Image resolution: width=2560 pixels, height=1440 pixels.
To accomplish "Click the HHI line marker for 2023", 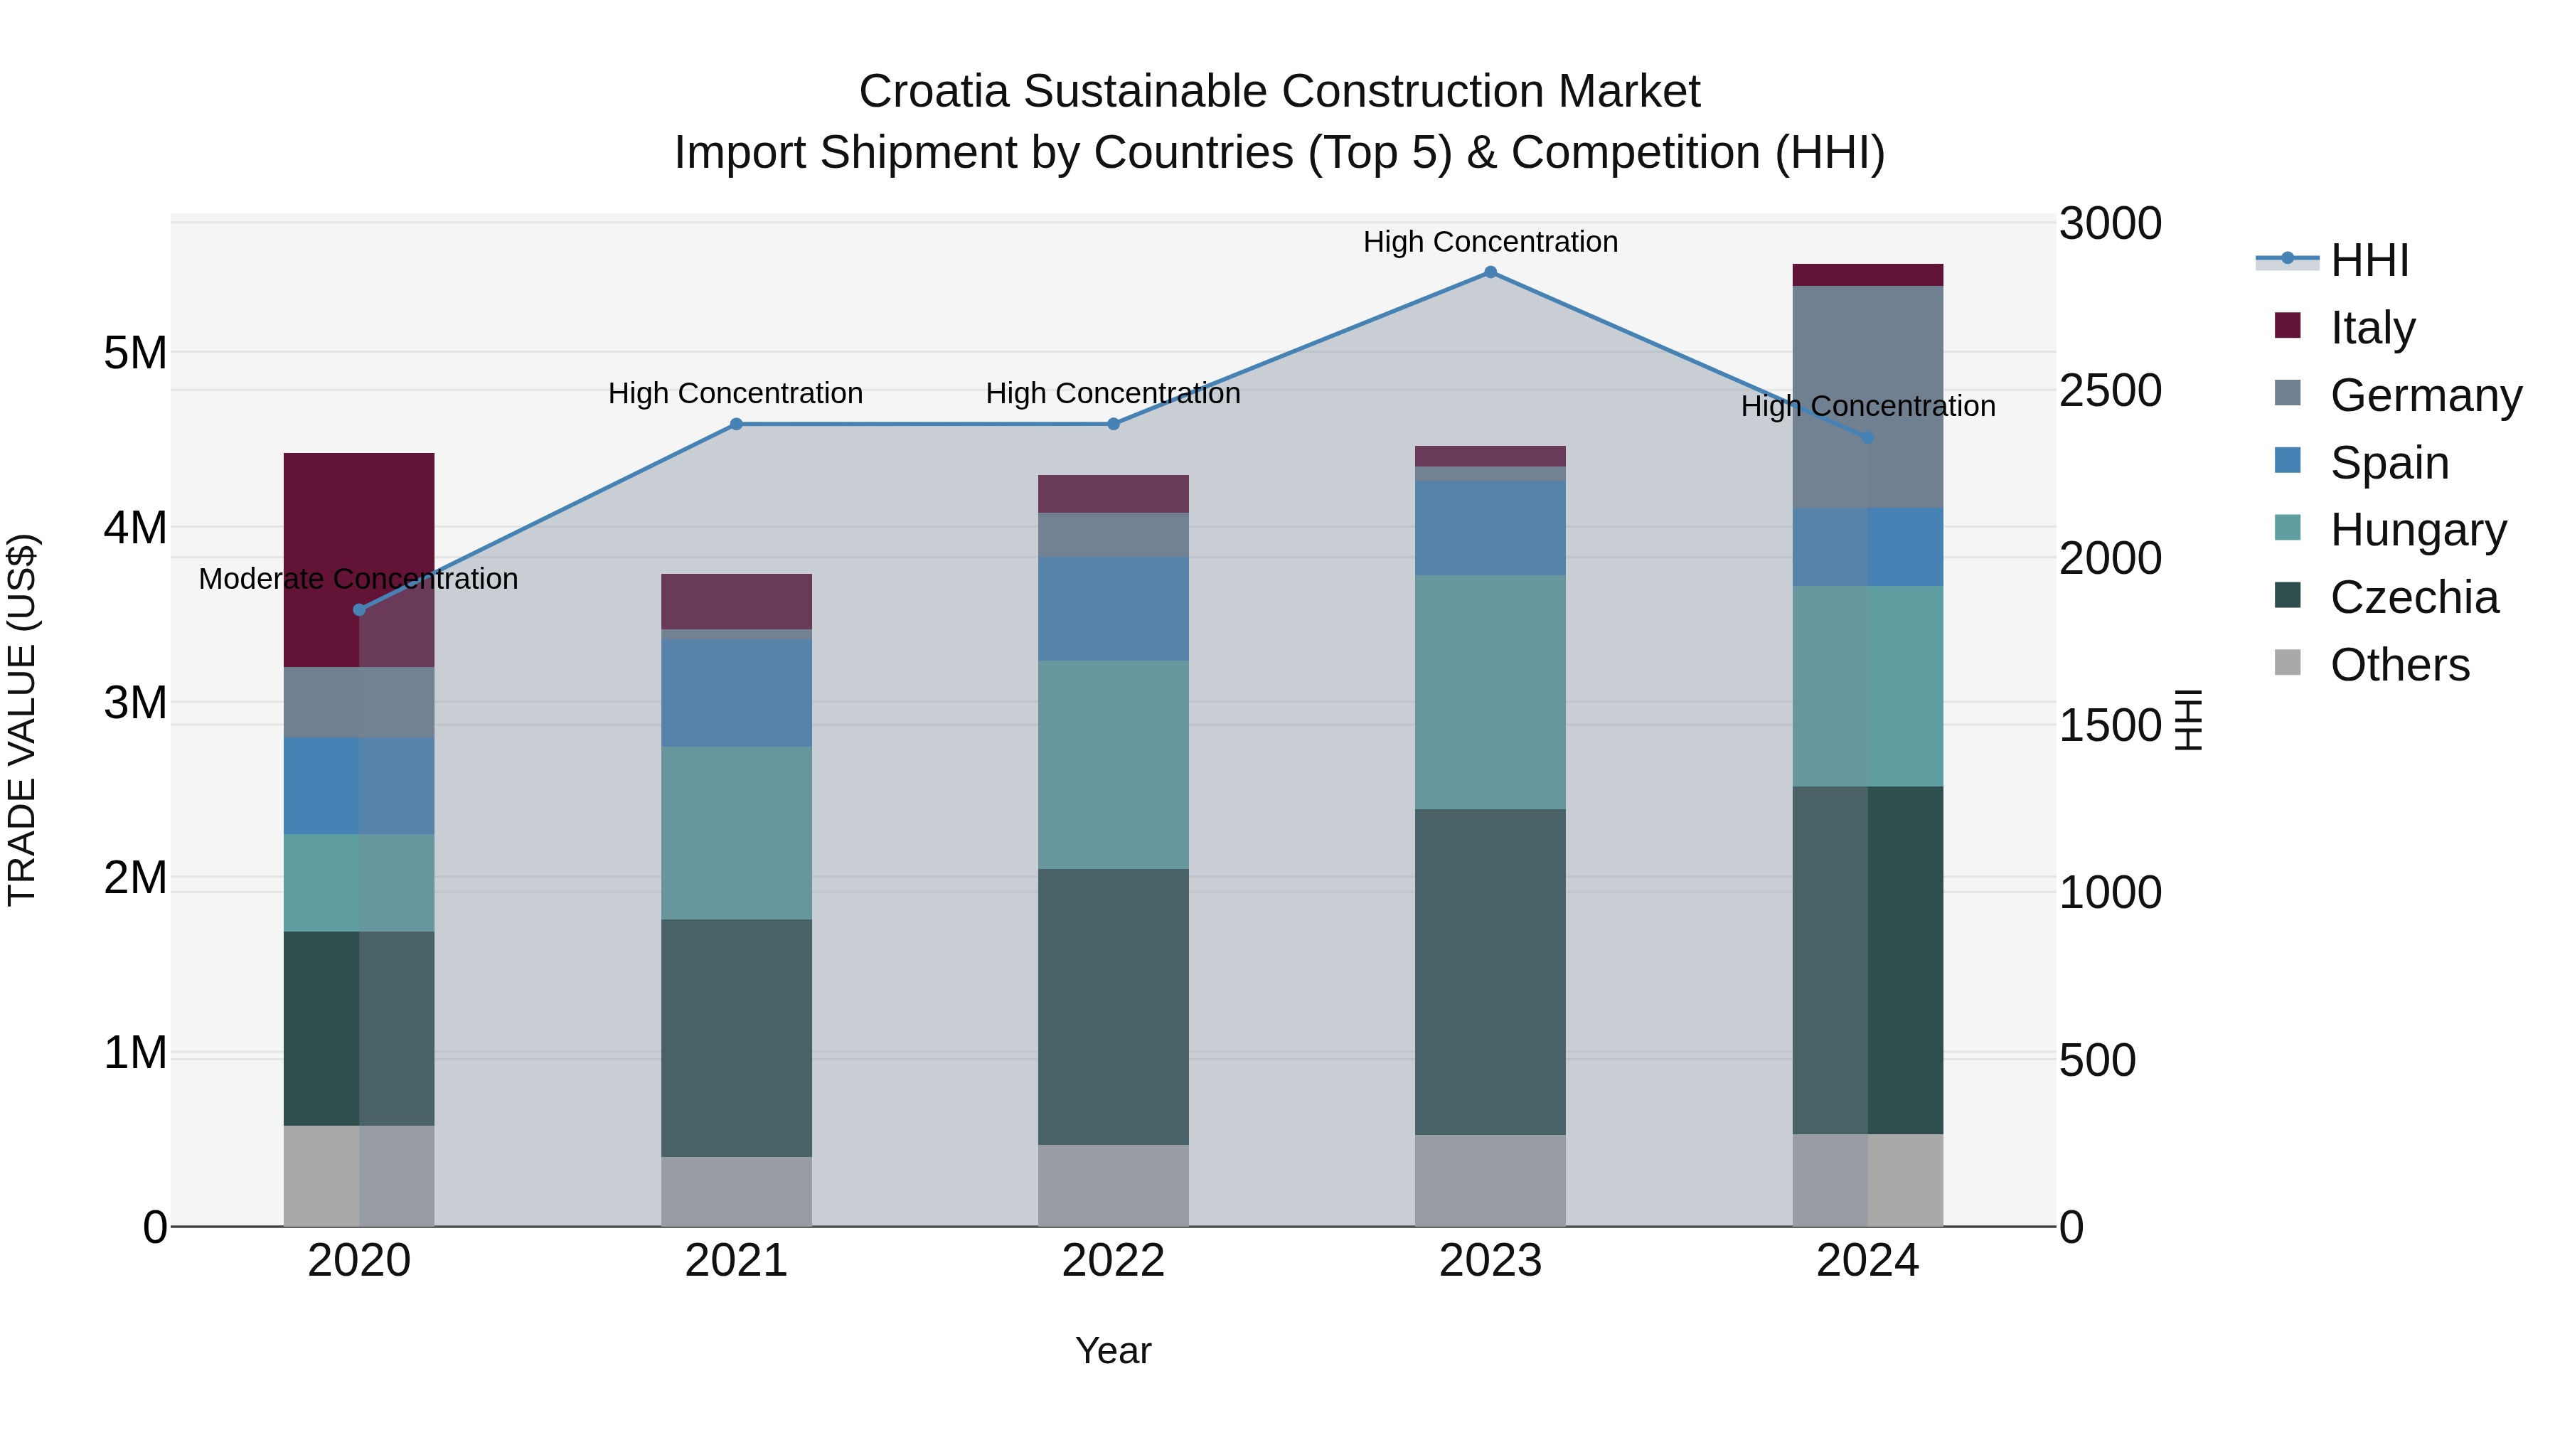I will tap(1490, 272).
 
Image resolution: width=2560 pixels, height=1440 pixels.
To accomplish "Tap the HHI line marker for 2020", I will tap(360, 610).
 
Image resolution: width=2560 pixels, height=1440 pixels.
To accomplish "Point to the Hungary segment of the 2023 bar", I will tap(1490, 692).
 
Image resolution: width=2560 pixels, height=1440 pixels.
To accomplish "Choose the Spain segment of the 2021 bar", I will tap(737, 693).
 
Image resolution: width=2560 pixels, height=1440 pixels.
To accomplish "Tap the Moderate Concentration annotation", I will tap(359, 578).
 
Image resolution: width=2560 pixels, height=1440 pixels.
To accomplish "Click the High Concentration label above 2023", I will tap(1490, 242).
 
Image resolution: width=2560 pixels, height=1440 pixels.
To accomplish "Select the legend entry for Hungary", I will tap(2417, 530).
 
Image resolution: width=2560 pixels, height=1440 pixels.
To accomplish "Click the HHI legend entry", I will tap(2368, 260).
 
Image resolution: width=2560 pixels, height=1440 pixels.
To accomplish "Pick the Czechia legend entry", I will tap(2413, 597).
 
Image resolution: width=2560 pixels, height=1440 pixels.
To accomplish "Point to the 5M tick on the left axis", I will tap(135, 353).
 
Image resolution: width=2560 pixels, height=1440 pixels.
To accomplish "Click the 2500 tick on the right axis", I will tap(2109, 390).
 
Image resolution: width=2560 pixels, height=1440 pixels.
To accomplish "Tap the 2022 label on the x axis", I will tap(1113, 1261).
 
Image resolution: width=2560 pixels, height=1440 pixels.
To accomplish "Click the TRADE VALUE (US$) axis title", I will tap(23, 720).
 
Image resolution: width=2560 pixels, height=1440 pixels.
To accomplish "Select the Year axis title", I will tap(1113, 1350).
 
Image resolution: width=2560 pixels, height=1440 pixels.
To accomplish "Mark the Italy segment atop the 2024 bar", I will tap(1867, 275).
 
